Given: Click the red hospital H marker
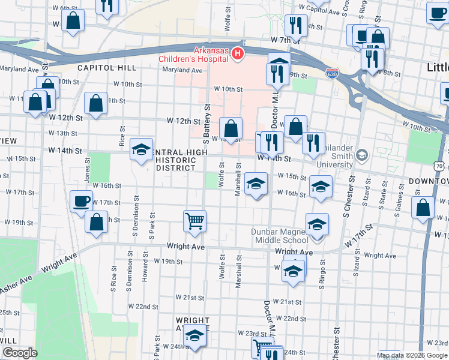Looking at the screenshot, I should pyautogui.click(x=238, y=55).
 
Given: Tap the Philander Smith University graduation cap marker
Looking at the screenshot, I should pyautogui.click(x=361, y=155).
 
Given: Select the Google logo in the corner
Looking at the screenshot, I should pyautogui.click(x=19, y=353).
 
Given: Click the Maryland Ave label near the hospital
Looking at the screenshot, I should pyautogui.click(x=182, y=70).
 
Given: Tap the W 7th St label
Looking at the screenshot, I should pyautogui.click(x=285, y=39).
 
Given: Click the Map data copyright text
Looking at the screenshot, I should pyautogui.click(x=412, y=355).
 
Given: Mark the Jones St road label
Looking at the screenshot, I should pyautogui.click(x=88, y=170).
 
